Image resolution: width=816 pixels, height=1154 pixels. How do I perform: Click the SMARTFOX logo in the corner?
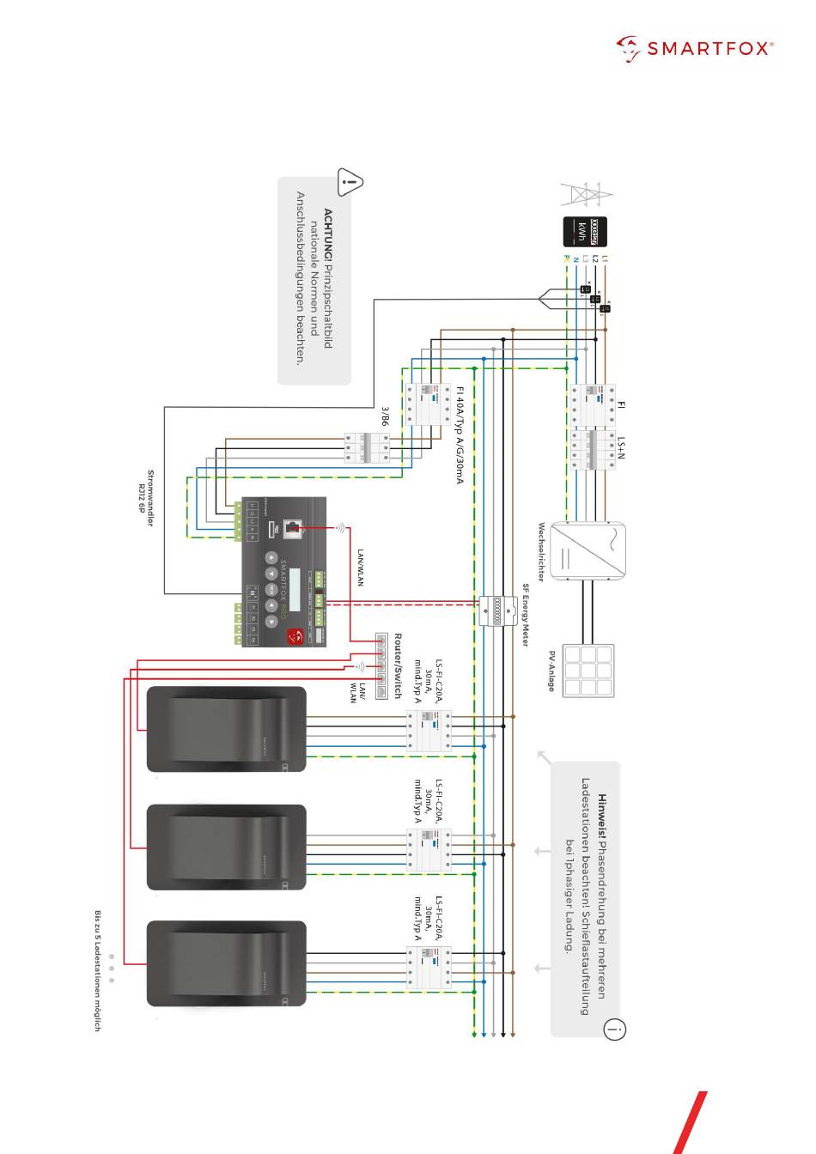694,49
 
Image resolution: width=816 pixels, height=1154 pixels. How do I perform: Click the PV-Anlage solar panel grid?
588,671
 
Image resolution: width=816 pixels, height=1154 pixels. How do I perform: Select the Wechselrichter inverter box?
588,550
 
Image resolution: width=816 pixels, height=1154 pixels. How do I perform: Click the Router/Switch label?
398,666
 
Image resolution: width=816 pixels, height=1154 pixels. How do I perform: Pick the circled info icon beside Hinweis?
615,1029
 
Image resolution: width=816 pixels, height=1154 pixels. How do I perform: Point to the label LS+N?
621,447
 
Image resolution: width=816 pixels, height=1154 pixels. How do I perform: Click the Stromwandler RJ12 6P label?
145,498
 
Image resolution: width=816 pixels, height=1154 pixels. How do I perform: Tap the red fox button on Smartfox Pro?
295,635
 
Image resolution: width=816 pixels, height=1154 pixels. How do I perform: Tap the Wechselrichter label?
542,551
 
